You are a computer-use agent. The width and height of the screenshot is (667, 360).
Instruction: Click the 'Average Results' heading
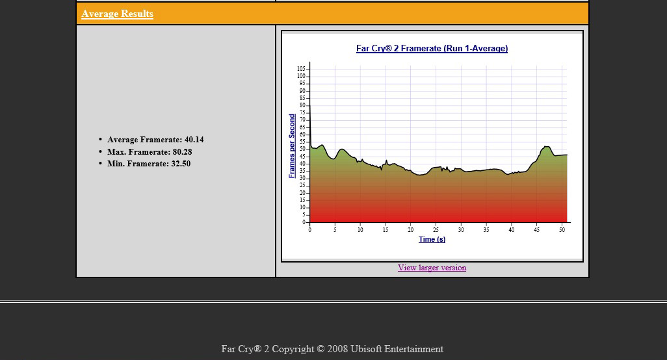(x=118, y=14)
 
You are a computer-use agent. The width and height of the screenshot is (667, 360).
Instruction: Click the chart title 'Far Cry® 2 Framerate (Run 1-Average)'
(x=432, y=48)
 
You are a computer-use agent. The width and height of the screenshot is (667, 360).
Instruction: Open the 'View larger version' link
(x=432, y=268)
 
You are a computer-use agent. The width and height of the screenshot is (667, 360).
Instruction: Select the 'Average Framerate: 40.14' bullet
(x=155, y=140)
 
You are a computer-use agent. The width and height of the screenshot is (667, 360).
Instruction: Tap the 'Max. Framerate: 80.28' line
(x=150, y=152)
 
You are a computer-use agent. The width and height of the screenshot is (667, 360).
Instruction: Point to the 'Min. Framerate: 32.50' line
(x=149, y=164)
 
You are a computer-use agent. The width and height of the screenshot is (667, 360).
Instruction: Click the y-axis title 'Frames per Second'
(x=292, y=146)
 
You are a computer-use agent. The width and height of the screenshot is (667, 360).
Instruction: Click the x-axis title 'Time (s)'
(x=432, y=239)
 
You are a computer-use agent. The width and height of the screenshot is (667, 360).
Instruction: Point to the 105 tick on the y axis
(x=301, y=69)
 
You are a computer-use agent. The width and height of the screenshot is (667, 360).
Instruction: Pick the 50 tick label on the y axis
(x=302, y=149)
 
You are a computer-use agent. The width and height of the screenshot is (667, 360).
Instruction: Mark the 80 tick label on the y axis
(x=302, y=105)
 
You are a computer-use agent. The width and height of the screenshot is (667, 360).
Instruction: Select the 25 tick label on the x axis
(x=436, y=230)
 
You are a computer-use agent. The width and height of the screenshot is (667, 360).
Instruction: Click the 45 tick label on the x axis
(x=536, y=230)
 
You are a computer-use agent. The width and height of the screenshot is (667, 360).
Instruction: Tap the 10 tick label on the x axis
(x=360, y=230)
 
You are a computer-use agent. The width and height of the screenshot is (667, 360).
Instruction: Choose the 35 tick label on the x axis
(x=486, y=230)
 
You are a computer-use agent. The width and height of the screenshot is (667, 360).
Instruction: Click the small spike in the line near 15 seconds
(x=386, y=160)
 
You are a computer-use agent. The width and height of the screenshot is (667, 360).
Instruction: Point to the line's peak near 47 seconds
(x=547, y=147)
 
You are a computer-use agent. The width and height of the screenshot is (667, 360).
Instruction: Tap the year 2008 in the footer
(x=337, y=349)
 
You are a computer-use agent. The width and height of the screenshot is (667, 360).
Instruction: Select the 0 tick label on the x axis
(x=309, y=230)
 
